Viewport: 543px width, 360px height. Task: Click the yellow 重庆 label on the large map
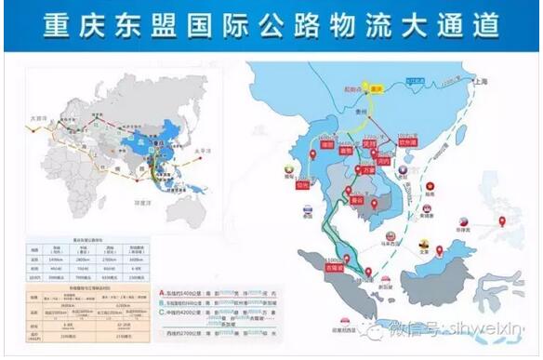tap(377, 88)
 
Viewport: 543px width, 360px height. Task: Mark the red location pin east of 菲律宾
tap(502, 221)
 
